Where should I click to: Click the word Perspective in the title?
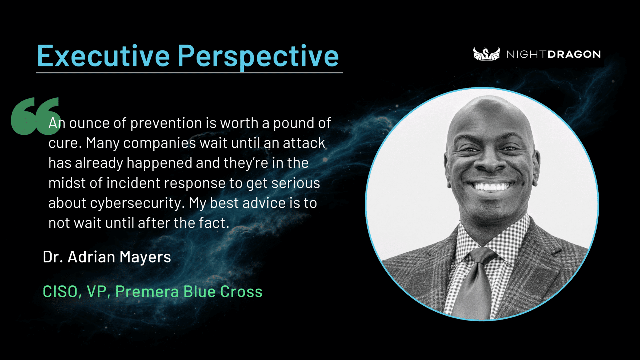pos(258,57)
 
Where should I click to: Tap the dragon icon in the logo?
pos(486,54)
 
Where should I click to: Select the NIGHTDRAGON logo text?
pos(553,54)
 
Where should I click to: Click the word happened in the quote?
pos(159,163)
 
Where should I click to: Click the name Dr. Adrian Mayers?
pos(107,257)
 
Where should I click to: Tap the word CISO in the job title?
pos(60,291)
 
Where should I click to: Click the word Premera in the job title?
pos(147,291)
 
